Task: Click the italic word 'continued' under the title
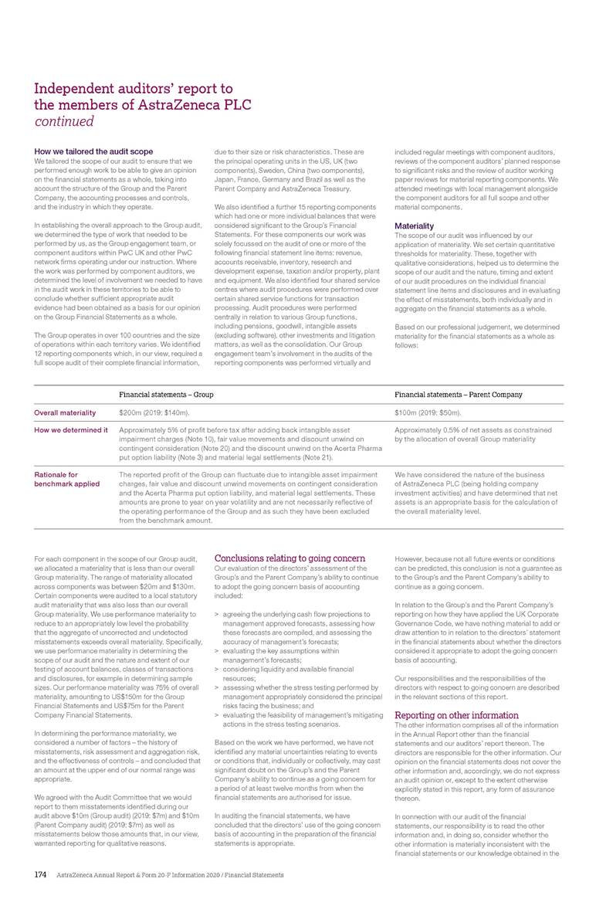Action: pos(64,121)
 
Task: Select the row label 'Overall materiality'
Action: pos(66,413)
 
